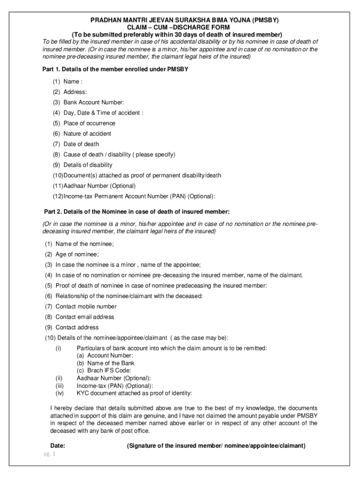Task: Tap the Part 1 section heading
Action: coord(115,69)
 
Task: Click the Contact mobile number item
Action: coord(86,306)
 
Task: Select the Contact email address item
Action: coord(85,317)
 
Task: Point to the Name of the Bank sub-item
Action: coord(105,363)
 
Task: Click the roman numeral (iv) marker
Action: coord(59,393)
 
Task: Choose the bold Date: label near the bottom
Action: coord(58,446)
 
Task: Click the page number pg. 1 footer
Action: coord(48,454)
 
